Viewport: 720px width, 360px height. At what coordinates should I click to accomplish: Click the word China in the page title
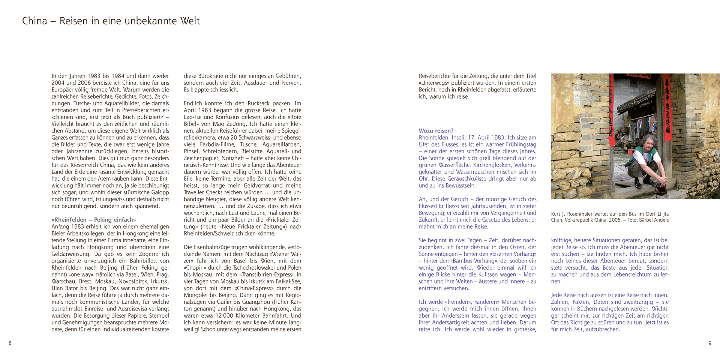point(34,21)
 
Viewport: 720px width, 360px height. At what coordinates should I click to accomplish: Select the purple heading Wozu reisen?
point(436,131)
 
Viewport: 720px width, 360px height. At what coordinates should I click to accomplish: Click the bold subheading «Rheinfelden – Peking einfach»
point(94,220)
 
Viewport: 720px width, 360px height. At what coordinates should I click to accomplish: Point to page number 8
point(10,343)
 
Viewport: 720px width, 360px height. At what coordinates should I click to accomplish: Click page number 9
point(709,343)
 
